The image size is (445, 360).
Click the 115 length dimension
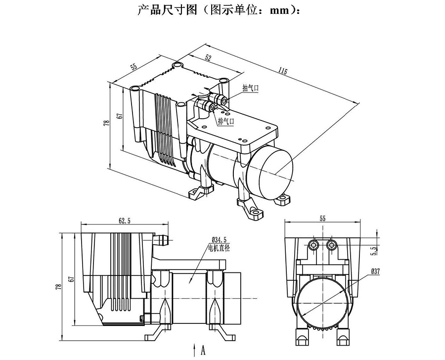coord(282,71)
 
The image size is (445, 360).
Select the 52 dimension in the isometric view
coord(208,58)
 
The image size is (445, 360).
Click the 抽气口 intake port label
coord(251,88)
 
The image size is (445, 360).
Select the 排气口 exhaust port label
coord(226,120)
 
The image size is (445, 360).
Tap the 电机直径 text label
coord(219,247)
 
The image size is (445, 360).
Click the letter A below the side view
coord(203,352)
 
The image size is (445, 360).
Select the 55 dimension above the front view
coord(322,218)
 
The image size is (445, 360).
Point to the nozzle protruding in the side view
coord(160,240)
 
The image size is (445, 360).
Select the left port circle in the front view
coord(312,246)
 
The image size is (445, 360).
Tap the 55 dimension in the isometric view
coord(134,66)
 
